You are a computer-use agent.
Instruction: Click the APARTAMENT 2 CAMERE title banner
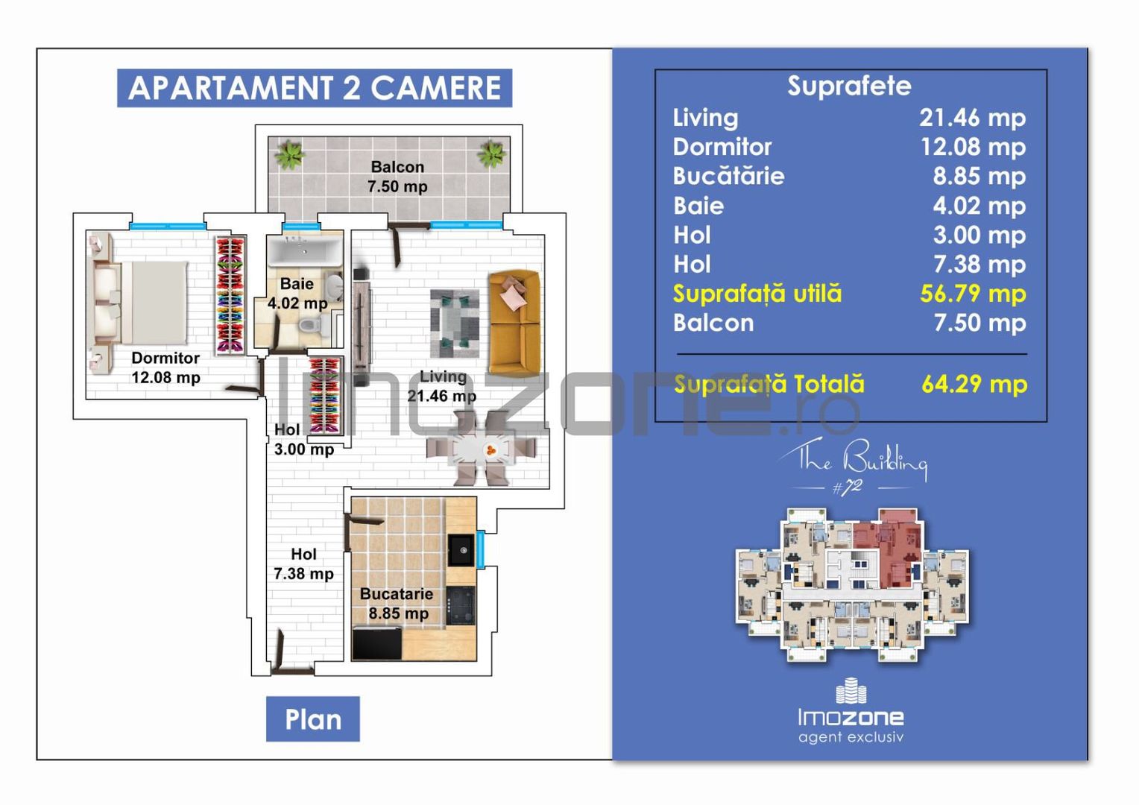(x=314, y=88)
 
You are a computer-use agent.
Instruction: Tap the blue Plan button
(x=312, y=719)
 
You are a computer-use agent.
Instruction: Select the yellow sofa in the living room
(x=514, y=322)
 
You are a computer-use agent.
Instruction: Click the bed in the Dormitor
(x=142, y=301)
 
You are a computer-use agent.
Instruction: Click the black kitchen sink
(x=461, y=551)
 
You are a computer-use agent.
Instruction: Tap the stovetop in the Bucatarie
(x=461, y=604)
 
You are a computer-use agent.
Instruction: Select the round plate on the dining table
(x=490, y=449)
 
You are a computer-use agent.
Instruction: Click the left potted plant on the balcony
(x=289, y=155)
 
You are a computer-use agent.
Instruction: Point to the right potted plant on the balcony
(x=492, y=154)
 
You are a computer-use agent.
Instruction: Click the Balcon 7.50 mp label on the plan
(x=397, y=177)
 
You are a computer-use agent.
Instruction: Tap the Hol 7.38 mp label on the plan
(x=303, y=564)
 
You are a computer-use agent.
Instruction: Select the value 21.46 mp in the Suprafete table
(x=972, y=118)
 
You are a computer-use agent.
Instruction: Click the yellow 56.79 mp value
(x=972, y=294)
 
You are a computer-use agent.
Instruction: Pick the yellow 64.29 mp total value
(x=974, y=384)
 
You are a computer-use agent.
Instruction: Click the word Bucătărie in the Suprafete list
(x=728, y=176)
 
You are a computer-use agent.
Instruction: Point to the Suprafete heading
(x=849, y=86)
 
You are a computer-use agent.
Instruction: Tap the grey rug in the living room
(x=455, y=323)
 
